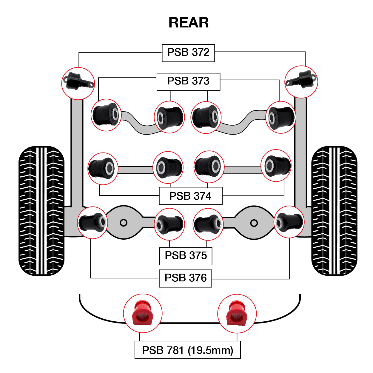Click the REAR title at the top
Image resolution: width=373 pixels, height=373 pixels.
point(189,23)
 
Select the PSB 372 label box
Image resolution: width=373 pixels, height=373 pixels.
point(188,53)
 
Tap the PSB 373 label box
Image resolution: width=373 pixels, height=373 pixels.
point(188,81)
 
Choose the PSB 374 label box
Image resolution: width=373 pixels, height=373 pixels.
point(190,196)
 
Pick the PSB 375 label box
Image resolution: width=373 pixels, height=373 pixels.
point(186,256)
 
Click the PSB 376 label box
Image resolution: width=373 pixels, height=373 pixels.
point(185,278)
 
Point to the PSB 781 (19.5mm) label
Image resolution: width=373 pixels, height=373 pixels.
point(187,350)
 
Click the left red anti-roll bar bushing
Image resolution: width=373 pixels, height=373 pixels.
point(143,313)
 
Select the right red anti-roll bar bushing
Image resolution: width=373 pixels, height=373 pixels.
point(237,313)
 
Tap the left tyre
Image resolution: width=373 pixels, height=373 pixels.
point(41,211)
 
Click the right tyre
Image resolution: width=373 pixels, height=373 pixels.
point(334,211)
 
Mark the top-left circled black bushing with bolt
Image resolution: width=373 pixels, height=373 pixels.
point(78,83)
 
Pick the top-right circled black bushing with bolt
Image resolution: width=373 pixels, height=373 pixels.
point(301,82)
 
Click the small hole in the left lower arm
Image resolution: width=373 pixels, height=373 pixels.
point(124,223)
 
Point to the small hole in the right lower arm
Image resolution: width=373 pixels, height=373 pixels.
point(254,223)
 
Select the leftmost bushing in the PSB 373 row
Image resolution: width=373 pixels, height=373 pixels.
point(106,115)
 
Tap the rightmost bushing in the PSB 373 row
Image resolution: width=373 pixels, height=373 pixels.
point(281,117)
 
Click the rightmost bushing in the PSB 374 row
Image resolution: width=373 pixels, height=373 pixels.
point(276,165)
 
